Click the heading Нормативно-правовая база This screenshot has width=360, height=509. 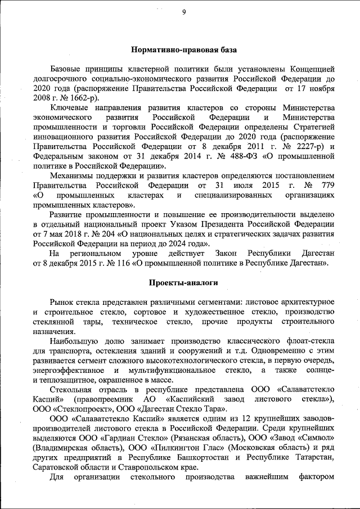point(183,50)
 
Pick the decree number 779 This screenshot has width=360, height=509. point(328,186)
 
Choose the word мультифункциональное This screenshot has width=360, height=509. point(171,370)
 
